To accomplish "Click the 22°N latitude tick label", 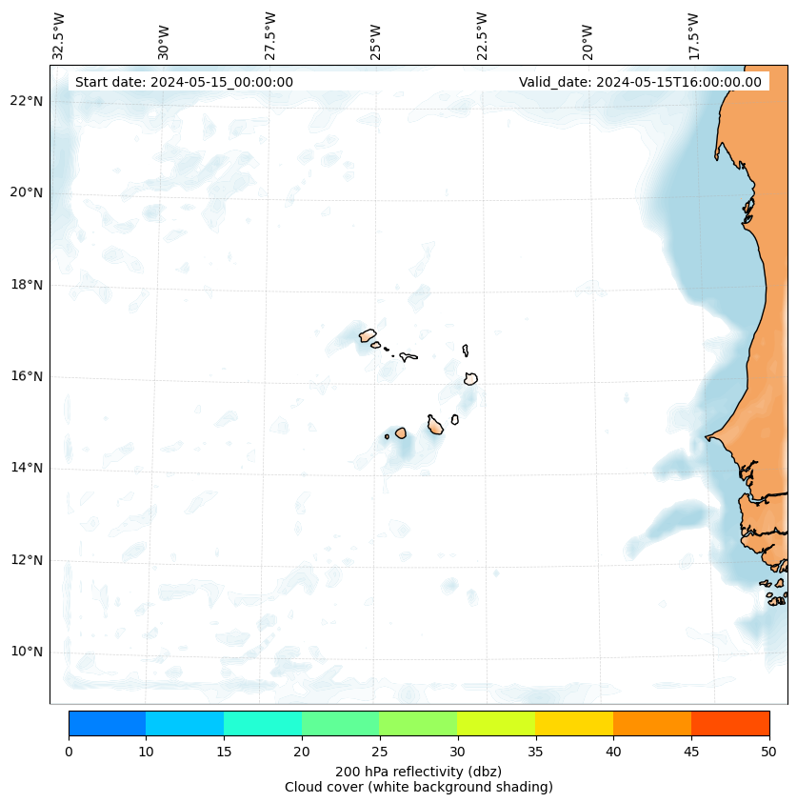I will pos(27,101).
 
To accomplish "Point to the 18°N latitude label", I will pos(27,285).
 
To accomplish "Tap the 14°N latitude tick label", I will pos(27,468).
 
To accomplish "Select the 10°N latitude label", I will pos(27,652).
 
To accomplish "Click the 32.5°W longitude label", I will pos(59,36).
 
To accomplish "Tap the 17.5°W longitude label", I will pos(694,36).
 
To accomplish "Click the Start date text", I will pos(184,82).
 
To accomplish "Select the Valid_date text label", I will pos(640,82).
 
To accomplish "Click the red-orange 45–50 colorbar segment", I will pos(730,723).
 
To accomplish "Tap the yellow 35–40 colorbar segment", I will pos(574,723).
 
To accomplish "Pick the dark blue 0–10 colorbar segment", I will pos(107,723).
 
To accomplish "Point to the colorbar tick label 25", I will pos(379,753).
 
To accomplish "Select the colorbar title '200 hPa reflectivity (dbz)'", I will pos(418,771).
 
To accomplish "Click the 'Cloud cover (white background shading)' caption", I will pos(418,787).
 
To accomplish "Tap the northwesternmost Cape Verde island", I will pos(368,335).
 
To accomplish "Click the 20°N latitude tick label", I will pos(27,192).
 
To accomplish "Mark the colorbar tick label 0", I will pos(69,753).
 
